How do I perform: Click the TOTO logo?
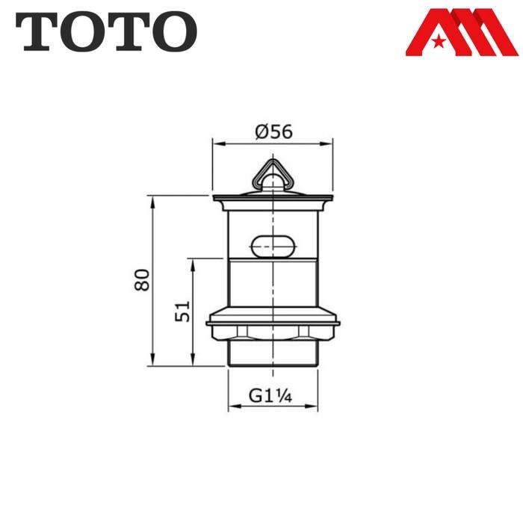[x=106, y=31]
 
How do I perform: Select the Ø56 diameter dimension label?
[x=273, y=132]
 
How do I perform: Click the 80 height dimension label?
[x=143, y=280]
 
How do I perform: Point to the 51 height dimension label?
[x=184, y=311]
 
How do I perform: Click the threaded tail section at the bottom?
[x=273, y=354]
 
